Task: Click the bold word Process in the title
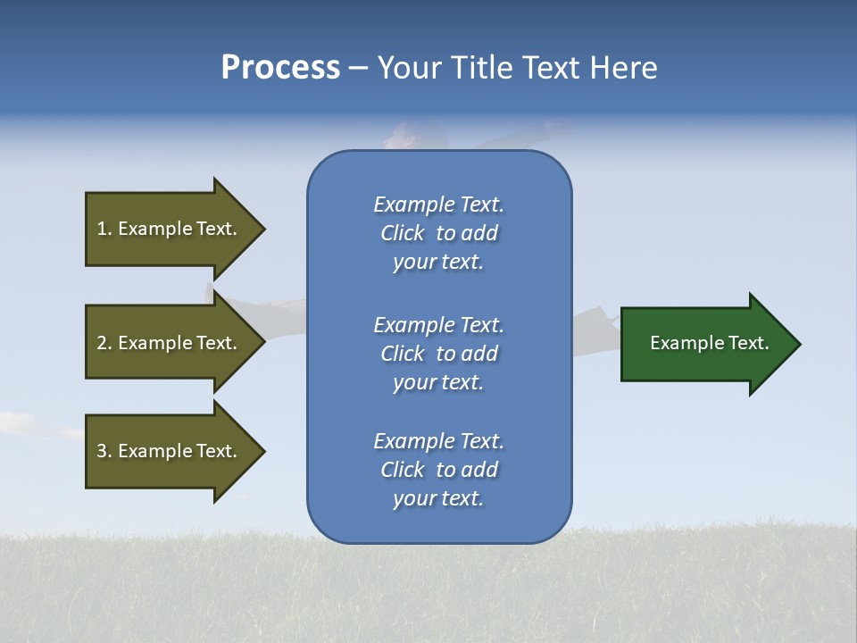click(280, 68)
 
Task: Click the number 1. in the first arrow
click(104, 229)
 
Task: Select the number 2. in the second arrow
click(104, 343)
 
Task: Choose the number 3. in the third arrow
click(104, 451)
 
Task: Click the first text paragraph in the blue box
click(438, 233)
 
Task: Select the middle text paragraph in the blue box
click(438, 354)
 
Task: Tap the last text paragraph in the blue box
click(438, 470)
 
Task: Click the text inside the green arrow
click(709, 343)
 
